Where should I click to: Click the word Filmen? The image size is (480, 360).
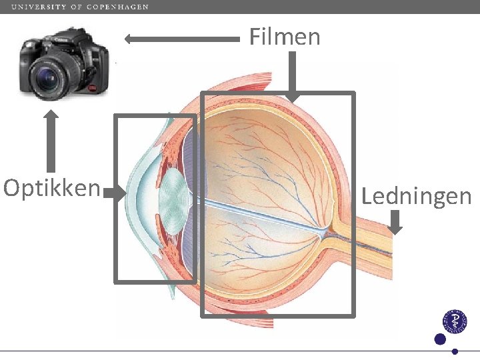tap(285, 37)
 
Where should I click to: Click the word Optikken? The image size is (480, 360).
tap(51, 189)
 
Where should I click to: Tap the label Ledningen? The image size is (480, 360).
tap(416, 196)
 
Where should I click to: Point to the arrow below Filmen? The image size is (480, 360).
tap(291, 77)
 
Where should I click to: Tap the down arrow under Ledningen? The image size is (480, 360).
tap(395, 222)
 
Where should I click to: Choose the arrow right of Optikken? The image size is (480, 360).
tap(115, 194)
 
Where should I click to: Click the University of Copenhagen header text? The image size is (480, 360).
tap(80, 7)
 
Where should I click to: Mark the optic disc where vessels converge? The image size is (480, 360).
tap(325, 231)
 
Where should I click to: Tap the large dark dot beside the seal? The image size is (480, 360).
tap(439, 339)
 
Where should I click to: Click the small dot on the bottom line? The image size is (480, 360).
tap(455, 351)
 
